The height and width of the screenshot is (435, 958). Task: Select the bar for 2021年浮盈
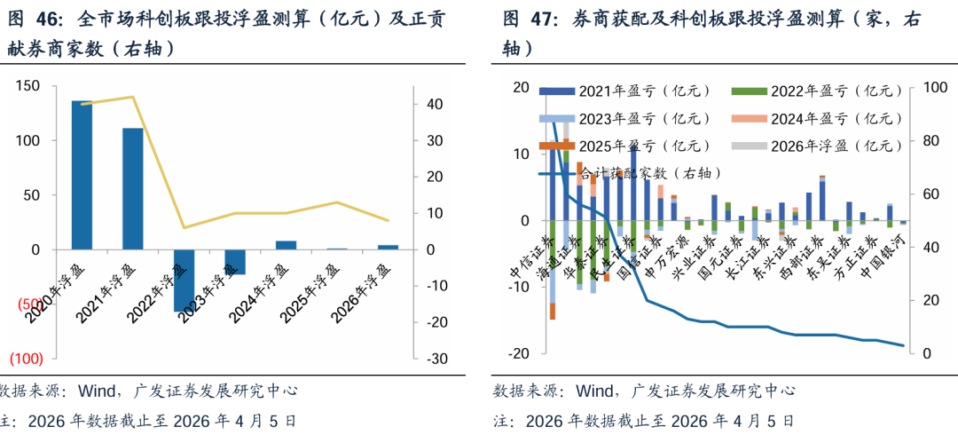tap(133, 188)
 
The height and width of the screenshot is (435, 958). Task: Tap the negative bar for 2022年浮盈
tap(184, 280)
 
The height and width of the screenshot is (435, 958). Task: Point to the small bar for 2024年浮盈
tap(286, 245)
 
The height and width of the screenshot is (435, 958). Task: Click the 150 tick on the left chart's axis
tap(29, 85)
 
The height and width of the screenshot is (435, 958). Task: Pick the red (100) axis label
tap(26, 359)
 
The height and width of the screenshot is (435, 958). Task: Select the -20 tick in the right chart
tap(518, 353)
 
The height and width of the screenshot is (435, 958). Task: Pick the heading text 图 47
tap(523, 19)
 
